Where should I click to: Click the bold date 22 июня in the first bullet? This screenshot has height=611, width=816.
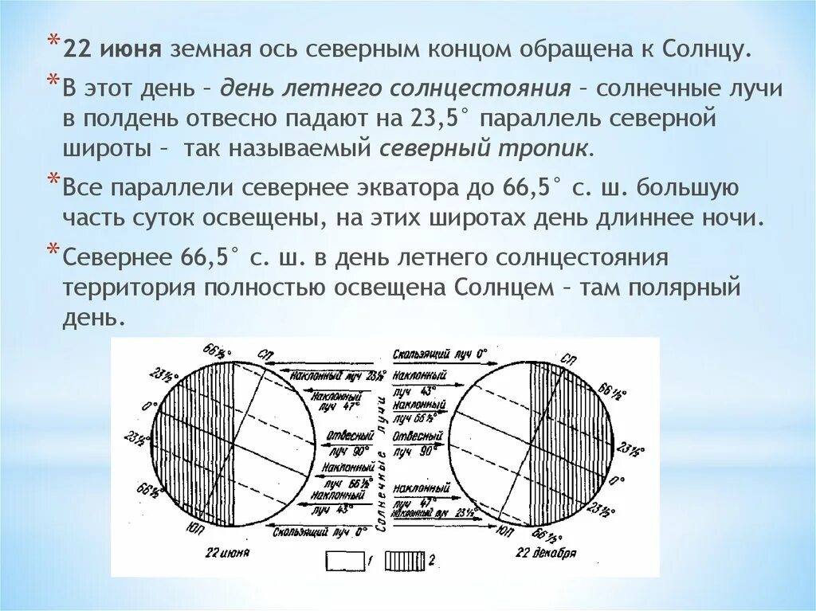tap(113, 49)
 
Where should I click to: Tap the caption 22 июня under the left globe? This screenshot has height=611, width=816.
tap(228, 552)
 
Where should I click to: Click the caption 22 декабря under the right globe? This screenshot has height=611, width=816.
tap(546, 552)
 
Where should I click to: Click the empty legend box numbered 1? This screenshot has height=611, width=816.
tap(344, 561)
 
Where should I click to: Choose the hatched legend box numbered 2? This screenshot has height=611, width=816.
tap(405, 561)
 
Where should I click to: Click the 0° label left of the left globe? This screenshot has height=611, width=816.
tap(146, 406)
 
